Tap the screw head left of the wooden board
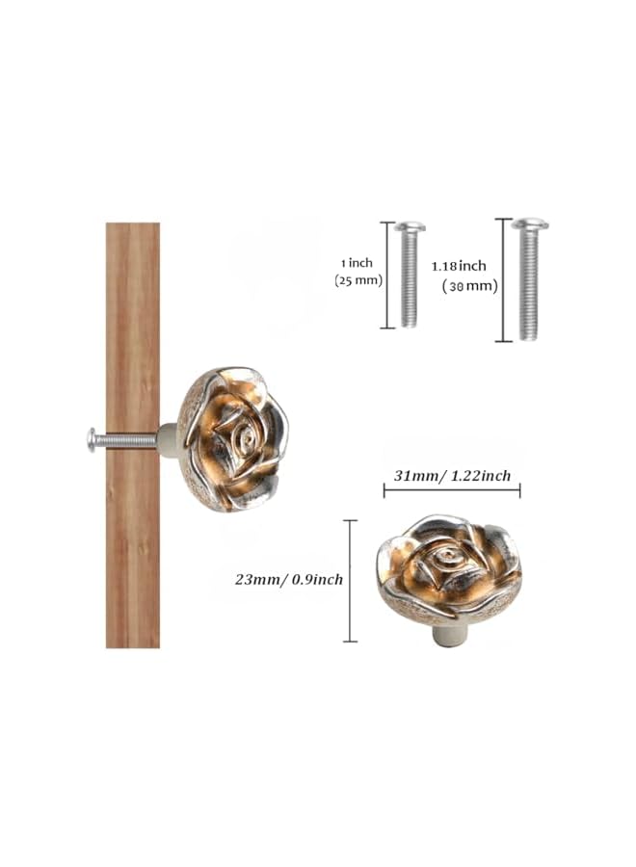[x=92, y=440]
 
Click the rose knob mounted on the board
[x=232, y=438]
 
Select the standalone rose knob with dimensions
[x=449, y=569]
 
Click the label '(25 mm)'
[x=358, y=280]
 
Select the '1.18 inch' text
[x=460, y=265]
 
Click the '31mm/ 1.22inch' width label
[x=452, y=476]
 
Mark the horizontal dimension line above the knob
[x=452, y=491]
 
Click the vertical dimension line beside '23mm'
[x=350, y=581]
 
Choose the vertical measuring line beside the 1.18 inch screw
[x=501, y=280]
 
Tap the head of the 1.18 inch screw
[x=529, y=224]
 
